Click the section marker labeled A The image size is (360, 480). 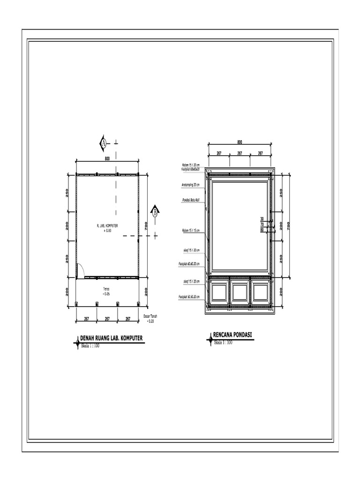(x=104, y=143)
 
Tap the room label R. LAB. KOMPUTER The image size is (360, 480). (x=107, y=226)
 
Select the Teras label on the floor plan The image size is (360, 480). (x=106, y=289)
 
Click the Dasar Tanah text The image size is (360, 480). (x=150, y=317)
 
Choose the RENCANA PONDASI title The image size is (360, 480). (x=232, y=335)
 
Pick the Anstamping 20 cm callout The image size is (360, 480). (x=190, y=185)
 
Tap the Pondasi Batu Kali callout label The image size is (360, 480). (x=190, y=200)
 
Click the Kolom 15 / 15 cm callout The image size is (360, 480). (x=190, y=231)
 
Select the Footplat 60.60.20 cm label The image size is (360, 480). (x=189, y=264)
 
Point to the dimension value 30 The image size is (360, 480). (x=262, y=219)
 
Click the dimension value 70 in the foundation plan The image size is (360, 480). (x=262, y=225)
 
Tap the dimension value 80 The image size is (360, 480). (x=262, y=230)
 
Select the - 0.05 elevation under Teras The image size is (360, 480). (x=106, y=294)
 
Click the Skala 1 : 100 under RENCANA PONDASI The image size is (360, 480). (x=224, y=343)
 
